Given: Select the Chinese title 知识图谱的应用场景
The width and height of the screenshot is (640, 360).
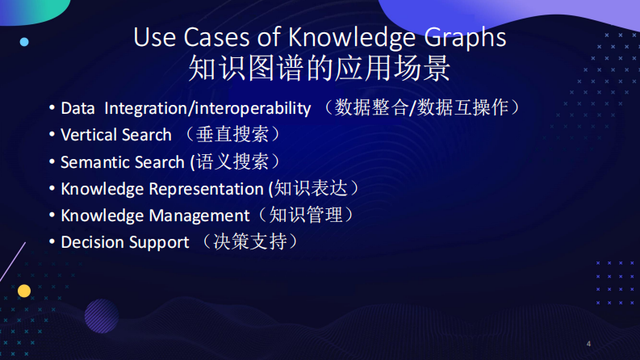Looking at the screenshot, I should coord(320,69).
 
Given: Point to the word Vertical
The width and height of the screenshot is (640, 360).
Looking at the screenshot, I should coord(88,135).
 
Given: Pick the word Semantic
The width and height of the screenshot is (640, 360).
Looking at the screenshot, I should coord(92,162).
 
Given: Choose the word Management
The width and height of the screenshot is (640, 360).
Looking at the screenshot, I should coord(200,216).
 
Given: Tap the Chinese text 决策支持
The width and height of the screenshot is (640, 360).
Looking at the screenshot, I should coord(250,241).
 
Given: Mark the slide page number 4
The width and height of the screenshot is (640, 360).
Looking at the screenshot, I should coord(588,344).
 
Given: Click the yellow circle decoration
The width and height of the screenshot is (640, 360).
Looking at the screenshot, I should coord(24,291).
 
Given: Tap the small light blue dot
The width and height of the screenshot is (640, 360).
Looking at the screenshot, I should coord(24,41).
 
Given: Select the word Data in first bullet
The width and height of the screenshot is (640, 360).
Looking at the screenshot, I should coord(77,108).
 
